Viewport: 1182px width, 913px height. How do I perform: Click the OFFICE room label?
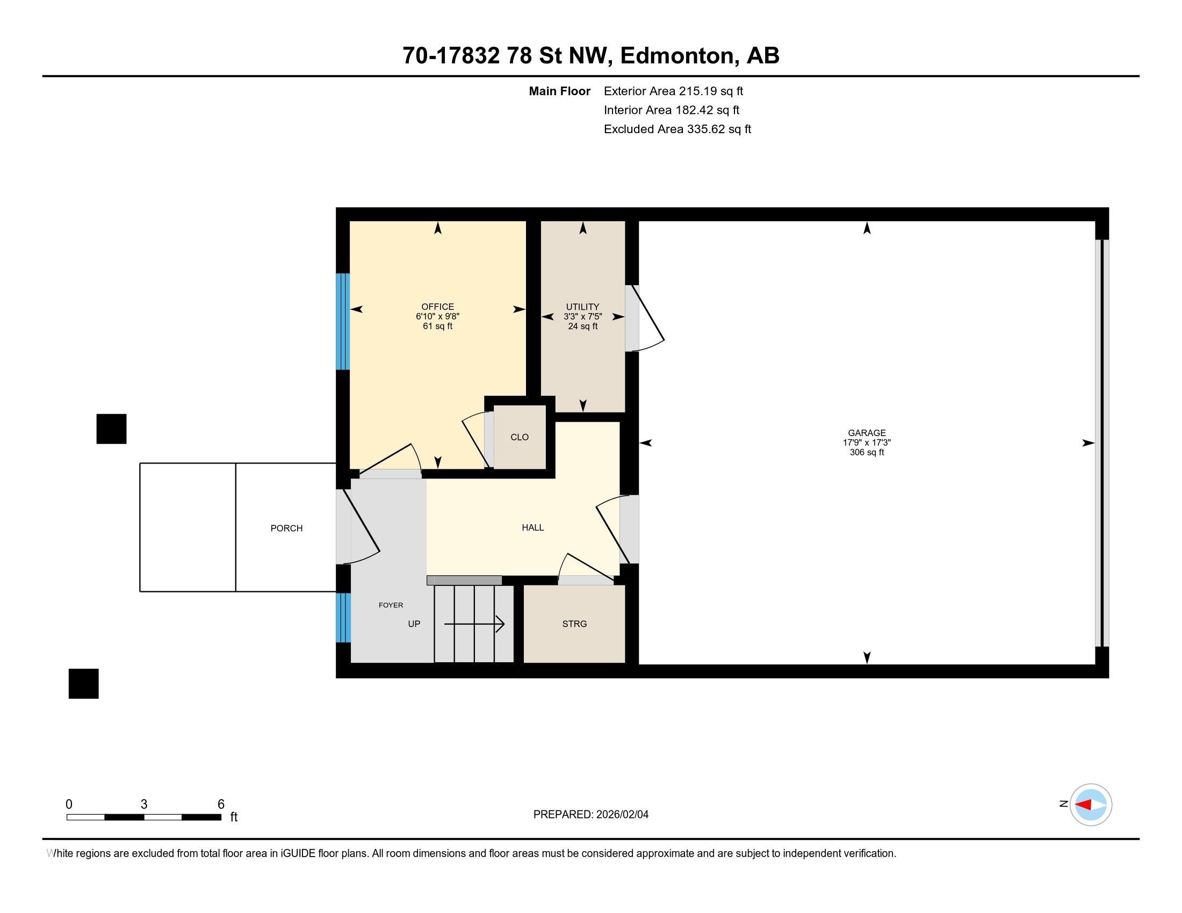[437, 307]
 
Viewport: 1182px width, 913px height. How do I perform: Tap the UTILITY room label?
[582, 307]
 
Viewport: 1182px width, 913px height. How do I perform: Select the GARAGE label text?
[867, 433]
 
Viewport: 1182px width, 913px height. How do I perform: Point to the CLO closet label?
[520, 437]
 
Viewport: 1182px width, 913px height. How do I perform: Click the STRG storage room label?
[574, 624]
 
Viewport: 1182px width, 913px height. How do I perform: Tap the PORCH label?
[286, 528]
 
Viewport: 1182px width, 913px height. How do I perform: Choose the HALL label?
[532, 527]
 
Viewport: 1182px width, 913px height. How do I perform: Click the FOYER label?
[391, 605]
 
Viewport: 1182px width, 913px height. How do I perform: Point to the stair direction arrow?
[474, 624]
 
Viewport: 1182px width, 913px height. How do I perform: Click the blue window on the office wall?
[343, 322]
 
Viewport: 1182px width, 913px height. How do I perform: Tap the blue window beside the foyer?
[343, 618]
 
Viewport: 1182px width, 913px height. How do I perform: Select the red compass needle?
[1083, 805]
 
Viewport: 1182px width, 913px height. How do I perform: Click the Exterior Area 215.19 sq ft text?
[673, 91]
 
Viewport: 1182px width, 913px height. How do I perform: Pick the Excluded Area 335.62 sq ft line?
[678, 129]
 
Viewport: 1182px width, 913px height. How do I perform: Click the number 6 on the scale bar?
[221, 805]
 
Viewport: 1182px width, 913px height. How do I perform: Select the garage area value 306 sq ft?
[867, 452]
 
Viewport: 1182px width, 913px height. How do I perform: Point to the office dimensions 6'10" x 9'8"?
[437, 316]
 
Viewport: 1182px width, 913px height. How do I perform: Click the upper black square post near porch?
[112, 429]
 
